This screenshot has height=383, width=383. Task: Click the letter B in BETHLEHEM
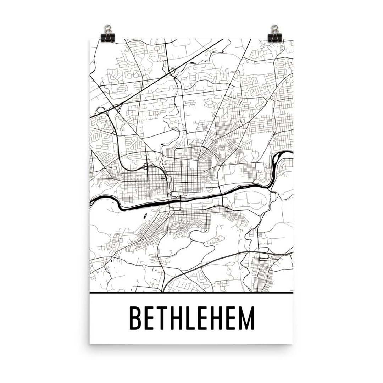[135, 318]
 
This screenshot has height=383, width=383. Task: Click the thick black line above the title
[191, 293]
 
